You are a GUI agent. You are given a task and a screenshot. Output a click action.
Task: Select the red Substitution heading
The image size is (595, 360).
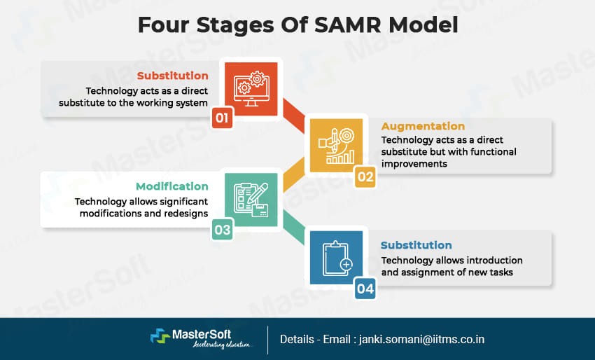[x=172, y=76]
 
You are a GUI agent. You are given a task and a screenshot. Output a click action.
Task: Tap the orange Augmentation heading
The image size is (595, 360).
[x=422, y=126]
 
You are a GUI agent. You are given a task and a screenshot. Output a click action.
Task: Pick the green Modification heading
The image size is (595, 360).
[x=172, y=186]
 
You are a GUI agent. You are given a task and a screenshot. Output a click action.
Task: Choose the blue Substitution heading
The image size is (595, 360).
[x=416, y=245]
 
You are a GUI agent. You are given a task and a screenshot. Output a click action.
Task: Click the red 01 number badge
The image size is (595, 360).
[x=222, y=118]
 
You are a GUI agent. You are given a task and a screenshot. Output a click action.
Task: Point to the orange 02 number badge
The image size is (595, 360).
[x=365, y=176]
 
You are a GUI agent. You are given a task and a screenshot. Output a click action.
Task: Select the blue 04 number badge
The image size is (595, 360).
[x=365, y=288]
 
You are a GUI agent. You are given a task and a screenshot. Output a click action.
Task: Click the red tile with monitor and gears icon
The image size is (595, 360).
[x=250, y=88]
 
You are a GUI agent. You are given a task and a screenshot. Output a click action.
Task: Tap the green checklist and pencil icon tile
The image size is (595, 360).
[x=250, y=200]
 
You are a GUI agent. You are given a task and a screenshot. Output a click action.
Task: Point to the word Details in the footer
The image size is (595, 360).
[x=297, y=339]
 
